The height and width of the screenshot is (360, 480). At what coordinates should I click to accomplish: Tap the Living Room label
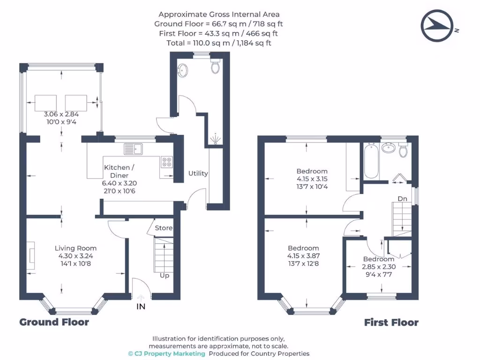(x=75, y=248)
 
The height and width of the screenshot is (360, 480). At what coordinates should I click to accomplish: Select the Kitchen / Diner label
(x=120, y=171)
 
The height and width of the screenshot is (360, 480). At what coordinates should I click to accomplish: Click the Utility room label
(x=198, y=173)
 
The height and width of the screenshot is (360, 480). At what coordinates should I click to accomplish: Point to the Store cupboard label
(x=164, y=228)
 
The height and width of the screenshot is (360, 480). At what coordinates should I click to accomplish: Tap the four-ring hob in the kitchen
(x=166, y=162)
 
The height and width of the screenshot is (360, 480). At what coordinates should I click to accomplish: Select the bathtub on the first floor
(x=371, y=162)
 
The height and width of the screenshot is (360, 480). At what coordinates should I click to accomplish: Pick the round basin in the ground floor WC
(x=183, y=71)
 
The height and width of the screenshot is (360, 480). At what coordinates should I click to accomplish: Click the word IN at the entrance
(x=141, y=307)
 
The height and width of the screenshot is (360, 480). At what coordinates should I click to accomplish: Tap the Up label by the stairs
(x=165, y=276)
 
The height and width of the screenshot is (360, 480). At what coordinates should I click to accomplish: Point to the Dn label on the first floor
(x=402, y=199)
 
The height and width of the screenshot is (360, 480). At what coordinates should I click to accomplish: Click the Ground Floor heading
(x=54, y=322)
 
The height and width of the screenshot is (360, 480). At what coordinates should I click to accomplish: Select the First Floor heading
(x=391, y=322)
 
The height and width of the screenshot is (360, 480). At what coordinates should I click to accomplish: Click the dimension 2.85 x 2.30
(x=378, y=267)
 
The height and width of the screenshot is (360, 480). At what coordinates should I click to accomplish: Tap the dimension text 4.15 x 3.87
(x=303, y=256)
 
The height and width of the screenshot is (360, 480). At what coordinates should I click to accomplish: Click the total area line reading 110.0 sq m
(x=218, y=43)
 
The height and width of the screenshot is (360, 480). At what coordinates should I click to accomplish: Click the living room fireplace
(x=31, y=256)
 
